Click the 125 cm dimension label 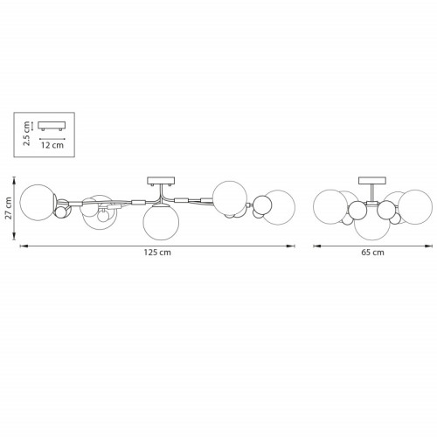click(x=157, y=253)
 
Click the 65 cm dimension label click(x=372, y=253)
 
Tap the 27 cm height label click(x=8, y=208)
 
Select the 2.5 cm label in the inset click(x=26, y=134)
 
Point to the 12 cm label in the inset click(x=52, y=145)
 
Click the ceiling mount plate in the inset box click(x=52, y=126)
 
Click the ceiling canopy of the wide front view click(x=161, y=181)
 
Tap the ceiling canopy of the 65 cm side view click(x=372, y=181)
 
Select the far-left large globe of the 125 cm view click(x=37, y=203)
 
